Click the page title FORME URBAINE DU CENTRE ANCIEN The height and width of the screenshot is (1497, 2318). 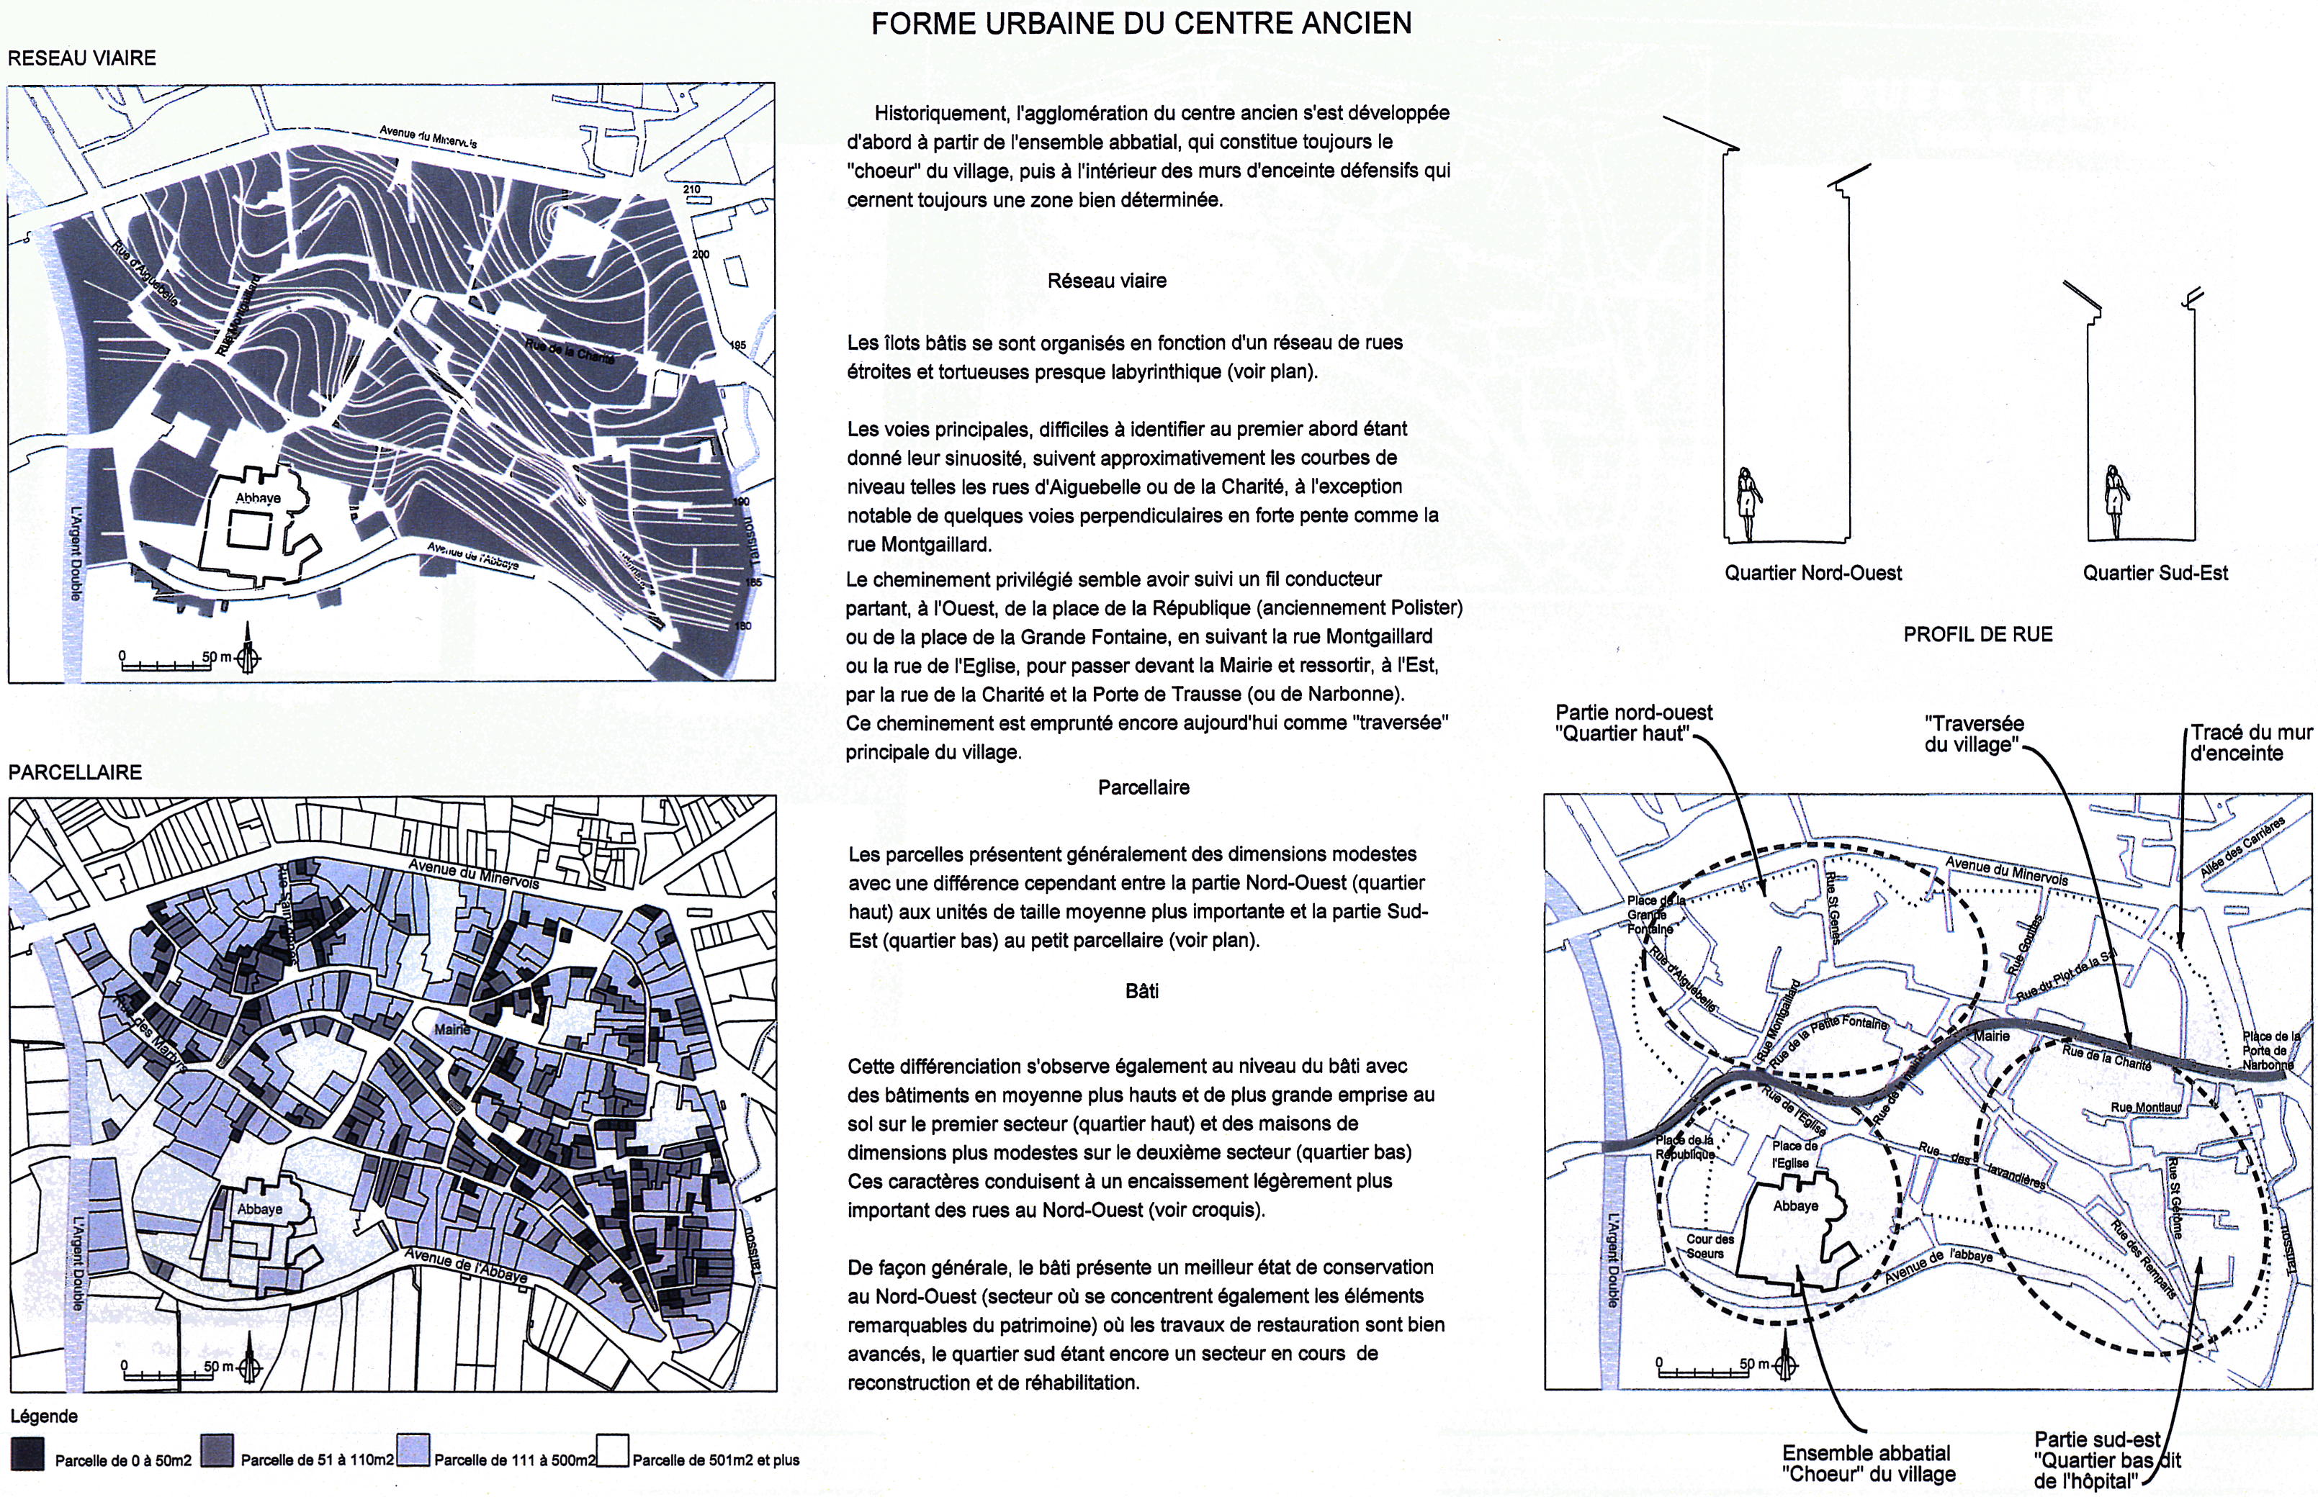pyautogui.click(x=1141, y=23)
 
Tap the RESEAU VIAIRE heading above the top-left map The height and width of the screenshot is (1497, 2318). pyautogui.click(x=81, y=58)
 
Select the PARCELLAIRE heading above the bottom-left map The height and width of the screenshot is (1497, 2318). pyautogui.click(x=75, y=773)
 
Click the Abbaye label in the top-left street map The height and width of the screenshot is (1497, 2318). pyautogui.click(x=258, y=499)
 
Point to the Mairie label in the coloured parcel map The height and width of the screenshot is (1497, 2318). pyautogui.click(x=452, y=1029)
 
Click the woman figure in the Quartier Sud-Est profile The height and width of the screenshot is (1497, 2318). pyautogui.click(x=2113, y=502)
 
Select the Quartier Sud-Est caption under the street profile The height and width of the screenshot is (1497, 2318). pyautogui.click(x=2155, y=574)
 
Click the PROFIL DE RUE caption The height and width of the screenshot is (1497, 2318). pyautogui.click(x=1977, y=635)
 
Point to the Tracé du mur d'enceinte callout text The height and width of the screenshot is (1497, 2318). pyautogui.click(x=2250, y=743)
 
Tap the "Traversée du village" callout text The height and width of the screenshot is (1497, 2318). pyautogui.click(x=1974, y=735)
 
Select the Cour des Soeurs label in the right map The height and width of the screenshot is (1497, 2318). pyautogui.click(x=1710, y=1247)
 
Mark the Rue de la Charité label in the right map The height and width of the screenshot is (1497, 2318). pyautogui.click(x=2106, y=1059)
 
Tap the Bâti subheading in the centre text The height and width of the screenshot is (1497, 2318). pyautogui.click(x=1141, y=992)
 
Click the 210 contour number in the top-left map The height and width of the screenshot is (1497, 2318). pyautogui.click(x=691, y=189)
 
